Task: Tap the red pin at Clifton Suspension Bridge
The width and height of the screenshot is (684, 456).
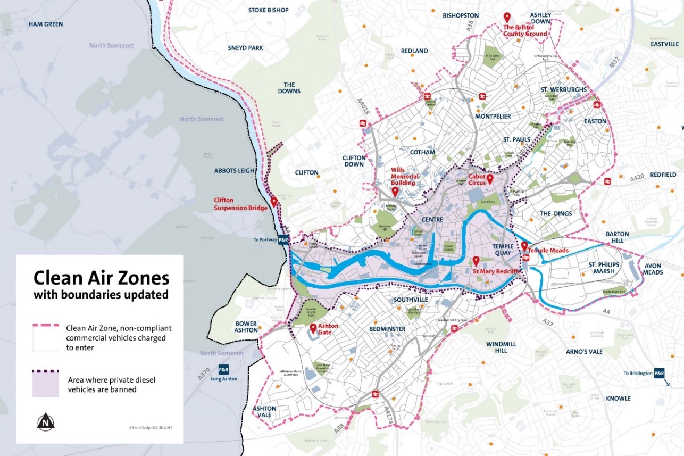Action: (x=273, y=202)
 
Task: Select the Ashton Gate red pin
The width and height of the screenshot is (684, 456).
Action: (x=313, y=328)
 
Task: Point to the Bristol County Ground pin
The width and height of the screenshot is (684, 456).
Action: (x=507, y=18)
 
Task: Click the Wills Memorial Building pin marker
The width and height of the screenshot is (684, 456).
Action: (x=395, y=192)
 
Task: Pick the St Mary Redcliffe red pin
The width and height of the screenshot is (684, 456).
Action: (x=476, y=261)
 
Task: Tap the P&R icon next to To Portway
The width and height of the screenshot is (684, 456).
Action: (x=283, y=240)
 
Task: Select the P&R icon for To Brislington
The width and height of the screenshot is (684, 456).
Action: (x=659, y=374)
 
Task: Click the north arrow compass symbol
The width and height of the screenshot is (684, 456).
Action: (x=46, y=422)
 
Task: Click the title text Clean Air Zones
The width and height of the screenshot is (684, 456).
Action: (x=101, y=278)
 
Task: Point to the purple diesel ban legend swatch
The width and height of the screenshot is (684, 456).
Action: (x=46, y=384)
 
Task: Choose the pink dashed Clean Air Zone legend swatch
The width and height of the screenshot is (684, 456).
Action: (x=46, y=337)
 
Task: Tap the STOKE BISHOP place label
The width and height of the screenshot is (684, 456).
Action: (x=268, y=10)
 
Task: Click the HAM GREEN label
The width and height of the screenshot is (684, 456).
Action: (x=45, y=24)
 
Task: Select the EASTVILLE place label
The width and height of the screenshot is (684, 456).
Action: (x=664, y=44)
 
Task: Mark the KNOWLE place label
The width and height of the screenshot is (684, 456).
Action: (x=618, y=399)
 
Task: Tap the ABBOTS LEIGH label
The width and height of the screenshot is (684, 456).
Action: (x=232, y=171)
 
